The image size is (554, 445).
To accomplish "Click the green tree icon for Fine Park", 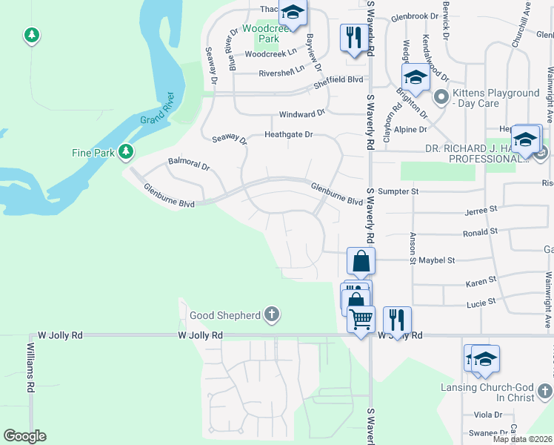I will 127,152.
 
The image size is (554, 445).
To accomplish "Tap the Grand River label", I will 157,108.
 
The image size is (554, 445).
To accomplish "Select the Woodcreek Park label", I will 260,33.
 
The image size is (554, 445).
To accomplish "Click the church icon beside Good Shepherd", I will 272,314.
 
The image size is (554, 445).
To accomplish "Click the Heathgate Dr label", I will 290,135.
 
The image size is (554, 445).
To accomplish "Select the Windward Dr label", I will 301,114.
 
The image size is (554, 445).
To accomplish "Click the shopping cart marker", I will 361,319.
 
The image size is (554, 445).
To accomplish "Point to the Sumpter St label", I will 398,191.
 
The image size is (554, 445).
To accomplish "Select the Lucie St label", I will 480,303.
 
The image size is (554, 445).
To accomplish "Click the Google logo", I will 24,436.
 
